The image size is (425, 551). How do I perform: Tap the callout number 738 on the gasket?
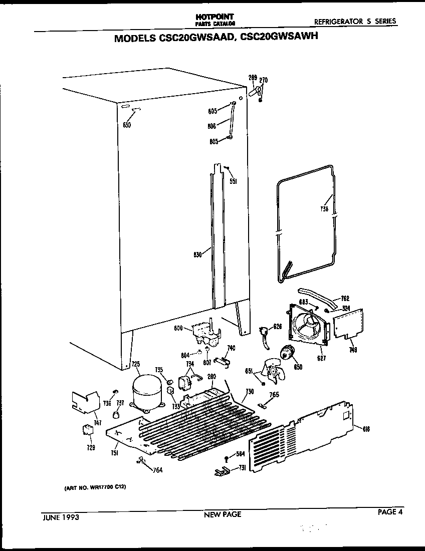[x=325, y=209]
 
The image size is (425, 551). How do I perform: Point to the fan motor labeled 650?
[x=288, y=353]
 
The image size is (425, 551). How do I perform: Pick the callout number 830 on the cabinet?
[x=197, y=254]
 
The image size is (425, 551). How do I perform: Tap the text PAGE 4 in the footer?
[x=390, y=511]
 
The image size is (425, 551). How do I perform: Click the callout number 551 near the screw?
[x=233, y=181]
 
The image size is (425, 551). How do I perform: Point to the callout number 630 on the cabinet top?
[x=127, y=125]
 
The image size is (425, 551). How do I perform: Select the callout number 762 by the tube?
[x=345, y=299]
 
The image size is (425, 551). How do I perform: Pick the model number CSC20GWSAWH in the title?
[x=284, y=38]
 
